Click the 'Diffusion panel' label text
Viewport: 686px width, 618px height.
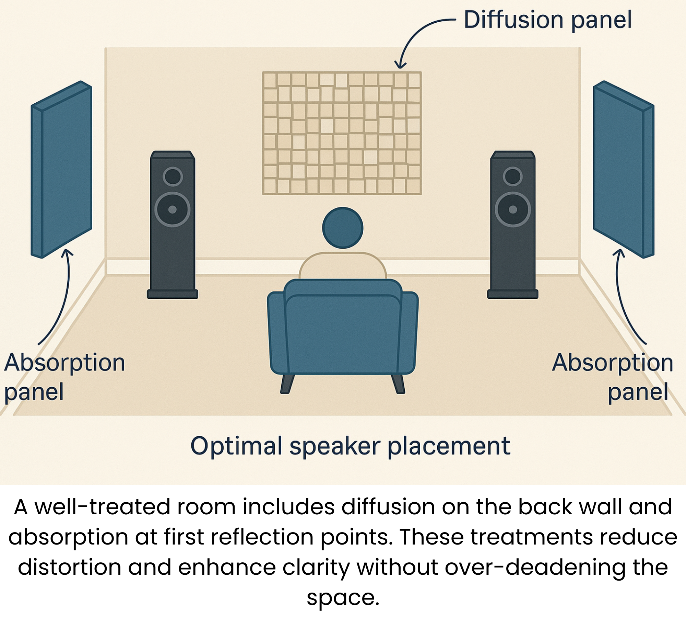(547, 20)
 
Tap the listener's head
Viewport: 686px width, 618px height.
(343, 228)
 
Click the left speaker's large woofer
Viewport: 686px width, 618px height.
(173, 209)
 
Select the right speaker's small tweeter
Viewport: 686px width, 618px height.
(513, 176)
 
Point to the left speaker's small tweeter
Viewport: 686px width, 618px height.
(173, 176)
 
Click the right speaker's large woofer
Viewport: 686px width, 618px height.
(513, 209)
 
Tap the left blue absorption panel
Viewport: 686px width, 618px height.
(61, 170)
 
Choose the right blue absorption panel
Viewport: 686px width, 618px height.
(624, 170)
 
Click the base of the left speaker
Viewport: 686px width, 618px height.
(173, 294)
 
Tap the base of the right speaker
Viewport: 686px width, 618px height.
(513, 294)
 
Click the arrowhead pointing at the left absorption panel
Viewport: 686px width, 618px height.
(68, 252)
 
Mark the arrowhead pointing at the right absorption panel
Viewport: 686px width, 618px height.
(619, 252)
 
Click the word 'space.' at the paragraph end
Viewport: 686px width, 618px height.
(343, 598)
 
